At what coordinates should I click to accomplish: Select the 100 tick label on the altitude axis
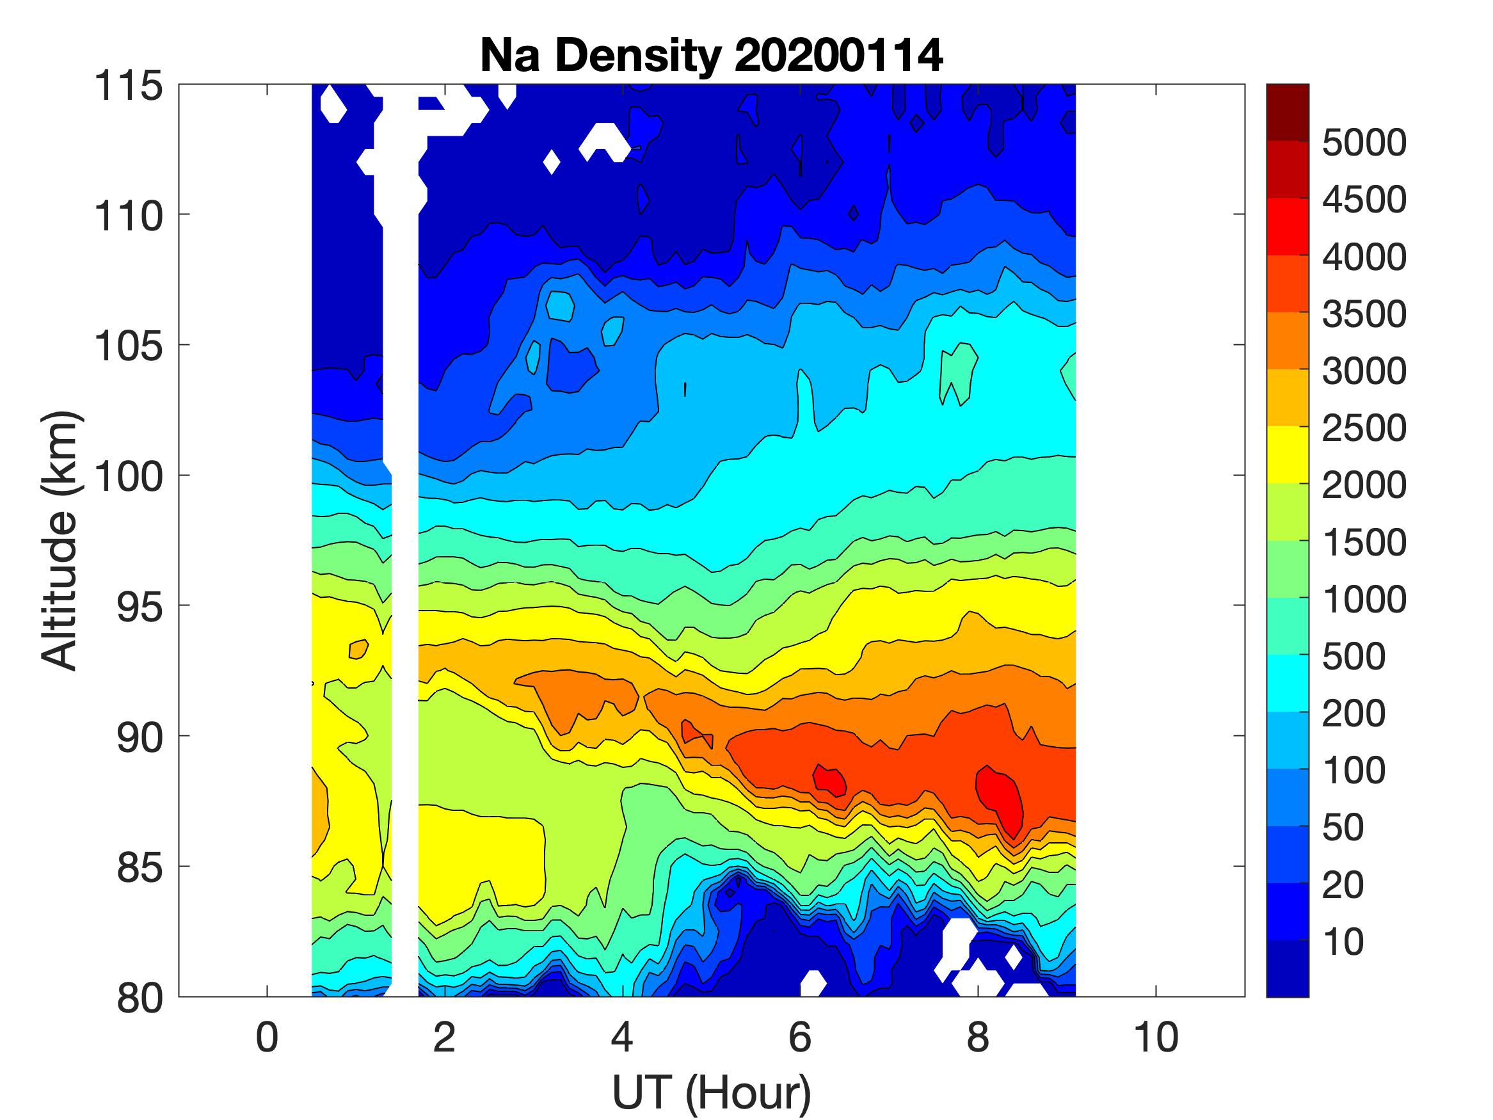(128, 477)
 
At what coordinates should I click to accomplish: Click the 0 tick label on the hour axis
(267, 1037)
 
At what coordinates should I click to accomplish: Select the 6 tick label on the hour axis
(800, 1037)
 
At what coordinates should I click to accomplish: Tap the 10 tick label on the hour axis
(1156, 1037)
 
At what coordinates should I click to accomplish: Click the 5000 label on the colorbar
(1363, 143)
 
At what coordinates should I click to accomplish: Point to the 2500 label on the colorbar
(1363, 428)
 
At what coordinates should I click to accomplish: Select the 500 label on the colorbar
(1353, 656)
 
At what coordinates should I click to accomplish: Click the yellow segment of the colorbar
(1287, 455)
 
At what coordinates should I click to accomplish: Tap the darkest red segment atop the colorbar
(1287, 112)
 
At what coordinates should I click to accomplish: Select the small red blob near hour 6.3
(829, 780)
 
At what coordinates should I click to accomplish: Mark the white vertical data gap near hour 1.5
(404, 607)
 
